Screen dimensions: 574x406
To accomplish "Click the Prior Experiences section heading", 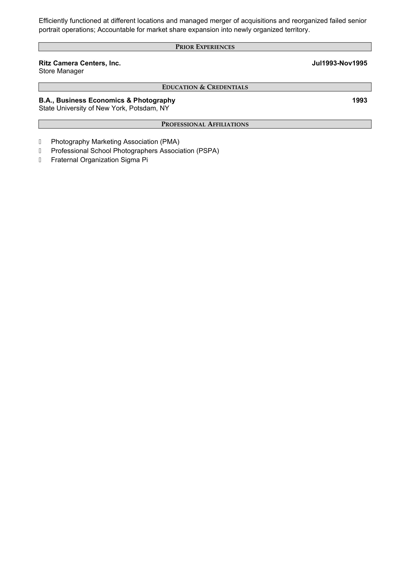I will [x=205, y=47].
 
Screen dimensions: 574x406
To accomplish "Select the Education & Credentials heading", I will [x=205, y=87].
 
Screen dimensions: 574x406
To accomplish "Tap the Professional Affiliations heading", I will [x=205, y=124].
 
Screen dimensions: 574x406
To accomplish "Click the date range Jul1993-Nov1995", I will [x=339, y=63].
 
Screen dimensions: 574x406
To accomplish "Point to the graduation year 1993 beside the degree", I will [x=360, y=101].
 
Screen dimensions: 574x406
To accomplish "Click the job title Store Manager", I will [x=61, y=71].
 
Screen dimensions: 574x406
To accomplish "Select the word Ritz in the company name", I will [x=45, y=63].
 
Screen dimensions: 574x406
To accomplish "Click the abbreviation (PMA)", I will [x=170, y=142].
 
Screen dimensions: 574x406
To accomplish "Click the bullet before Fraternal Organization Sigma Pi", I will [x=40, y=160].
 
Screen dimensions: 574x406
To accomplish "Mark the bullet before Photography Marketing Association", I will [x=40, y=142].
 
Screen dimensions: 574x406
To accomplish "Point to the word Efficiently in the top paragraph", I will [x=53, y=21].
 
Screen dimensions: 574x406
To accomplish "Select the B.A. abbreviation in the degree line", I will [x=46, y=101].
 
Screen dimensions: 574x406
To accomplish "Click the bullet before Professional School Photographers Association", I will [x=40, y=151].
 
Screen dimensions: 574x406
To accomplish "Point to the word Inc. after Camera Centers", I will [x=115, y=63].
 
